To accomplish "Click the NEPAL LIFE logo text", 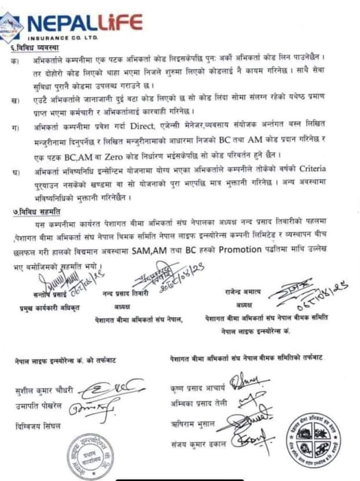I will [x=84, y=24].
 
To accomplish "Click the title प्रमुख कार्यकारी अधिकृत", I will [x=48, y=308].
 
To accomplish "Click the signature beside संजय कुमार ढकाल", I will [x=246, y=442].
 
